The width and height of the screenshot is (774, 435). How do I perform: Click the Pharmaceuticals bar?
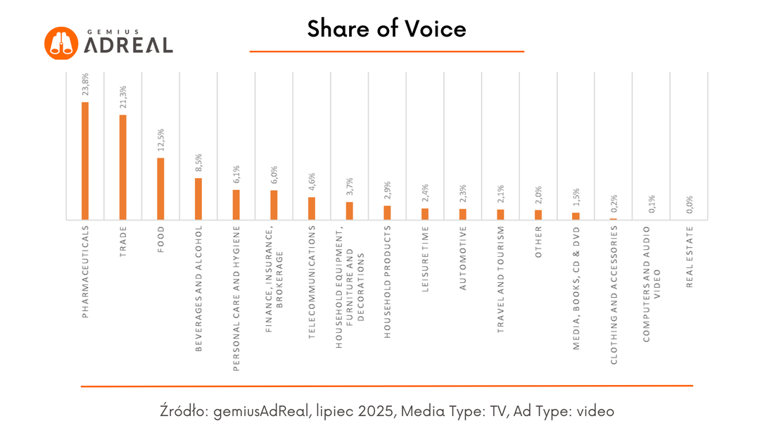(85, 161)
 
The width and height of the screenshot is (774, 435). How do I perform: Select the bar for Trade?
(123, 168)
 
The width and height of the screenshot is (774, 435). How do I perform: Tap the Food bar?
(160, 189)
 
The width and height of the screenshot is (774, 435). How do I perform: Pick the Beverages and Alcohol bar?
(198, 199)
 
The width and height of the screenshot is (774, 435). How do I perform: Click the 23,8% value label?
(85, 84)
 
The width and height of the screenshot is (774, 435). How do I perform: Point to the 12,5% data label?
(161, 140)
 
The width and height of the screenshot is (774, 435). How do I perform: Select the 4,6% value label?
(312, 182)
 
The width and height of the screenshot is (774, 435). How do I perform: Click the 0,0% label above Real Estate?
(690, 204)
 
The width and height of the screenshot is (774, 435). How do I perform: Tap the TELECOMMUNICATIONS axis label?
(312, 282)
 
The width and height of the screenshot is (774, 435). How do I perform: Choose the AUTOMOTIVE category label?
(462, 258)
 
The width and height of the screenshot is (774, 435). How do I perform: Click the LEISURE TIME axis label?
(425, 259)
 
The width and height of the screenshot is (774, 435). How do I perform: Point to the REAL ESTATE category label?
(690, 257)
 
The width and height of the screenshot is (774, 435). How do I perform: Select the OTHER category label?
(538, 242)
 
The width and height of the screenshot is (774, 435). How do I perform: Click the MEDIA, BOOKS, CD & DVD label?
(576, 289)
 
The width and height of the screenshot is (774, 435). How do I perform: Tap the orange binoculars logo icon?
(61, 44)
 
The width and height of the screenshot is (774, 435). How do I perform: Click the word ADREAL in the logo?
(128, 45)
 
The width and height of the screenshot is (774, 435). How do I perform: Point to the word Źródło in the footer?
(185, 411)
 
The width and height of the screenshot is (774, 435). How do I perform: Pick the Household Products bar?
(388, 213)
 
